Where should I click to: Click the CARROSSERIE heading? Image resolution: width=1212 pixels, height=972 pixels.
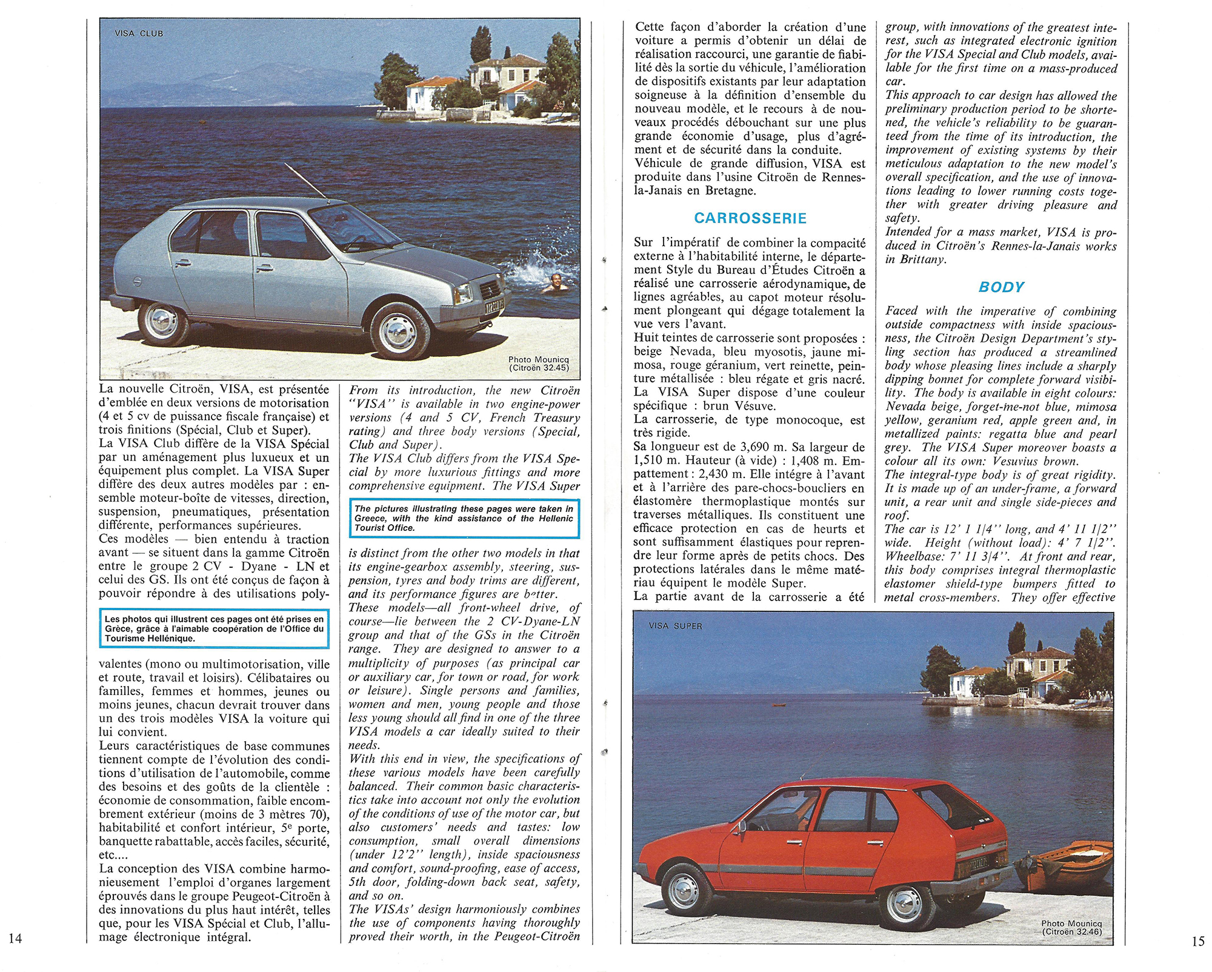(750, 218)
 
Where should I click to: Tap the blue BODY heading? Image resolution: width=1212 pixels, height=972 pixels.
(1001, 287)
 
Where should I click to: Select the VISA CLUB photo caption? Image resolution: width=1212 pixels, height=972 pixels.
(139, 33)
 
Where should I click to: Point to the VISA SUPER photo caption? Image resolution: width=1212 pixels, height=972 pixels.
(675, 626)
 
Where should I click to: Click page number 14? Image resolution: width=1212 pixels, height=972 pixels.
(16, 938)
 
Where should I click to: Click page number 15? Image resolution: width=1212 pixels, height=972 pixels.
(1197, 941)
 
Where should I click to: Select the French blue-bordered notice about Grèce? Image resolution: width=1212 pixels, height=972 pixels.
(215, 628)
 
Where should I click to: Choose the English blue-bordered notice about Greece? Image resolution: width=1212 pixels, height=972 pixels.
(464, 518)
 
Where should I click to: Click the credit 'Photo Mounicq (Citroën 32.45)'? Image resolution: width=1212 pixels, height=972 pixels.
(538, 364)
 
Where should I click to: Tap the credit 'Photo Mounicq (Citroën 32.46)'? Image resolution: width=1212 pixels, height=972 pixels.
(1071, 928)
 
